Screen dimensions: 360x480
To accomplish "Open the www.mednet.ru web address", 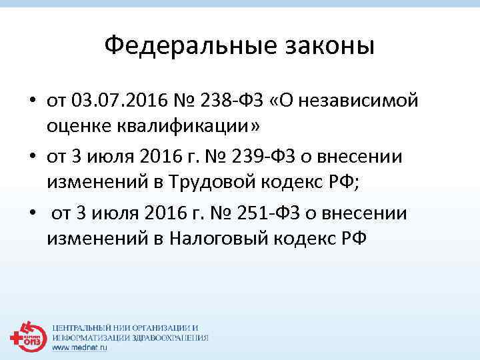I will (x=80, y=347).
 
